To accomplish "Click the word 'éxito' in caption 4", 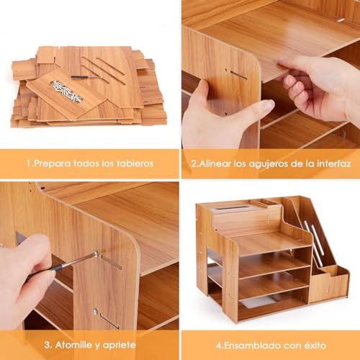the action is [314, 346].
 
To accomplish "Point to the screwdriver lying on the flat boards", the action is [87, 77].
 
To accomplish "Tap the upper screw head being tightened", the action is [96, 253].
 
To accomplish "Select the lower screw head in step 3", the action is [95, 311].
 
